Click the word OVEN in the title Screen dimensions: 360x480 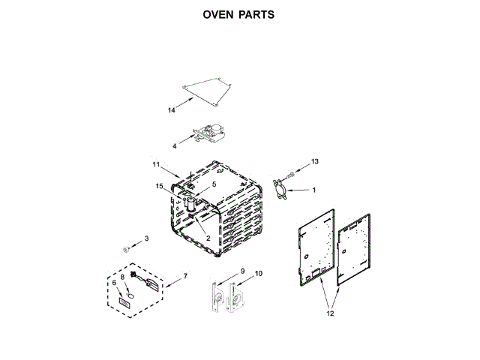click(x=218, y=14)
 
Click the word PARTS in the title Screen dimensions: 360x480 click(x=256, y=14)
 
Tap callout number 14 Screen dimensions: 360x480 click(x=172, y=110)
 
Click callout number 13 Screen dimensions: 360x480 click(x=315, y=161)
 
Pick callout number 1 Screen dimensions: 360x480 click(x=313, y=190)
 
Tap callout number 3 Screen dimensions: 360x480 click(x=147, y=238)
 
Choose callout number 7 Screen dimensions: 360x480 click(x=185, y=277)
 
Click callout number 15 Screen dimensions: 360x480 click(x=159, y=185)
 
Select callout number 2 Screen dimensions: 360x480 click(x=208, y=238)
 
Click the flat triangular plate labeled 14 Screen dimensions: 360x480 click(x=211, y=91)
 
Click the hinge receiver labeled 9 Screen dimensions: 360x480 click(x=217, y=298)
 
